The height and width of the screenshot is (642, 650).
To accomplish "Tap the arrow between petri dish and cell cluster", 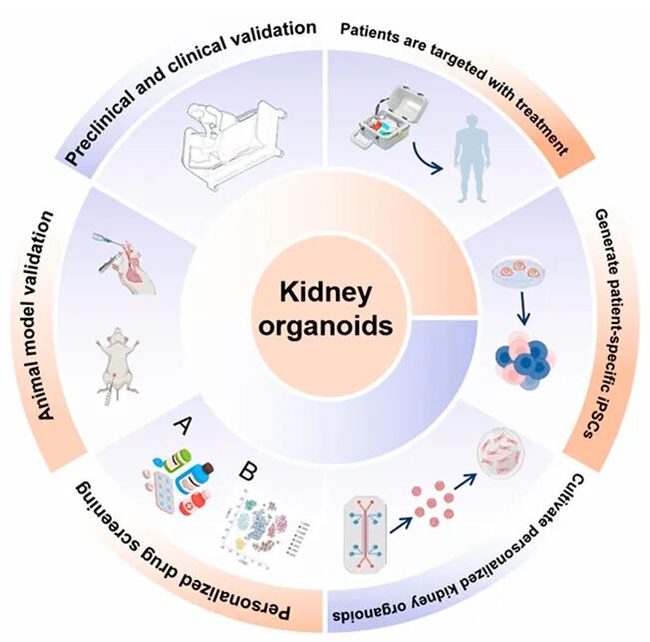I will (x=521, y=314).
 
